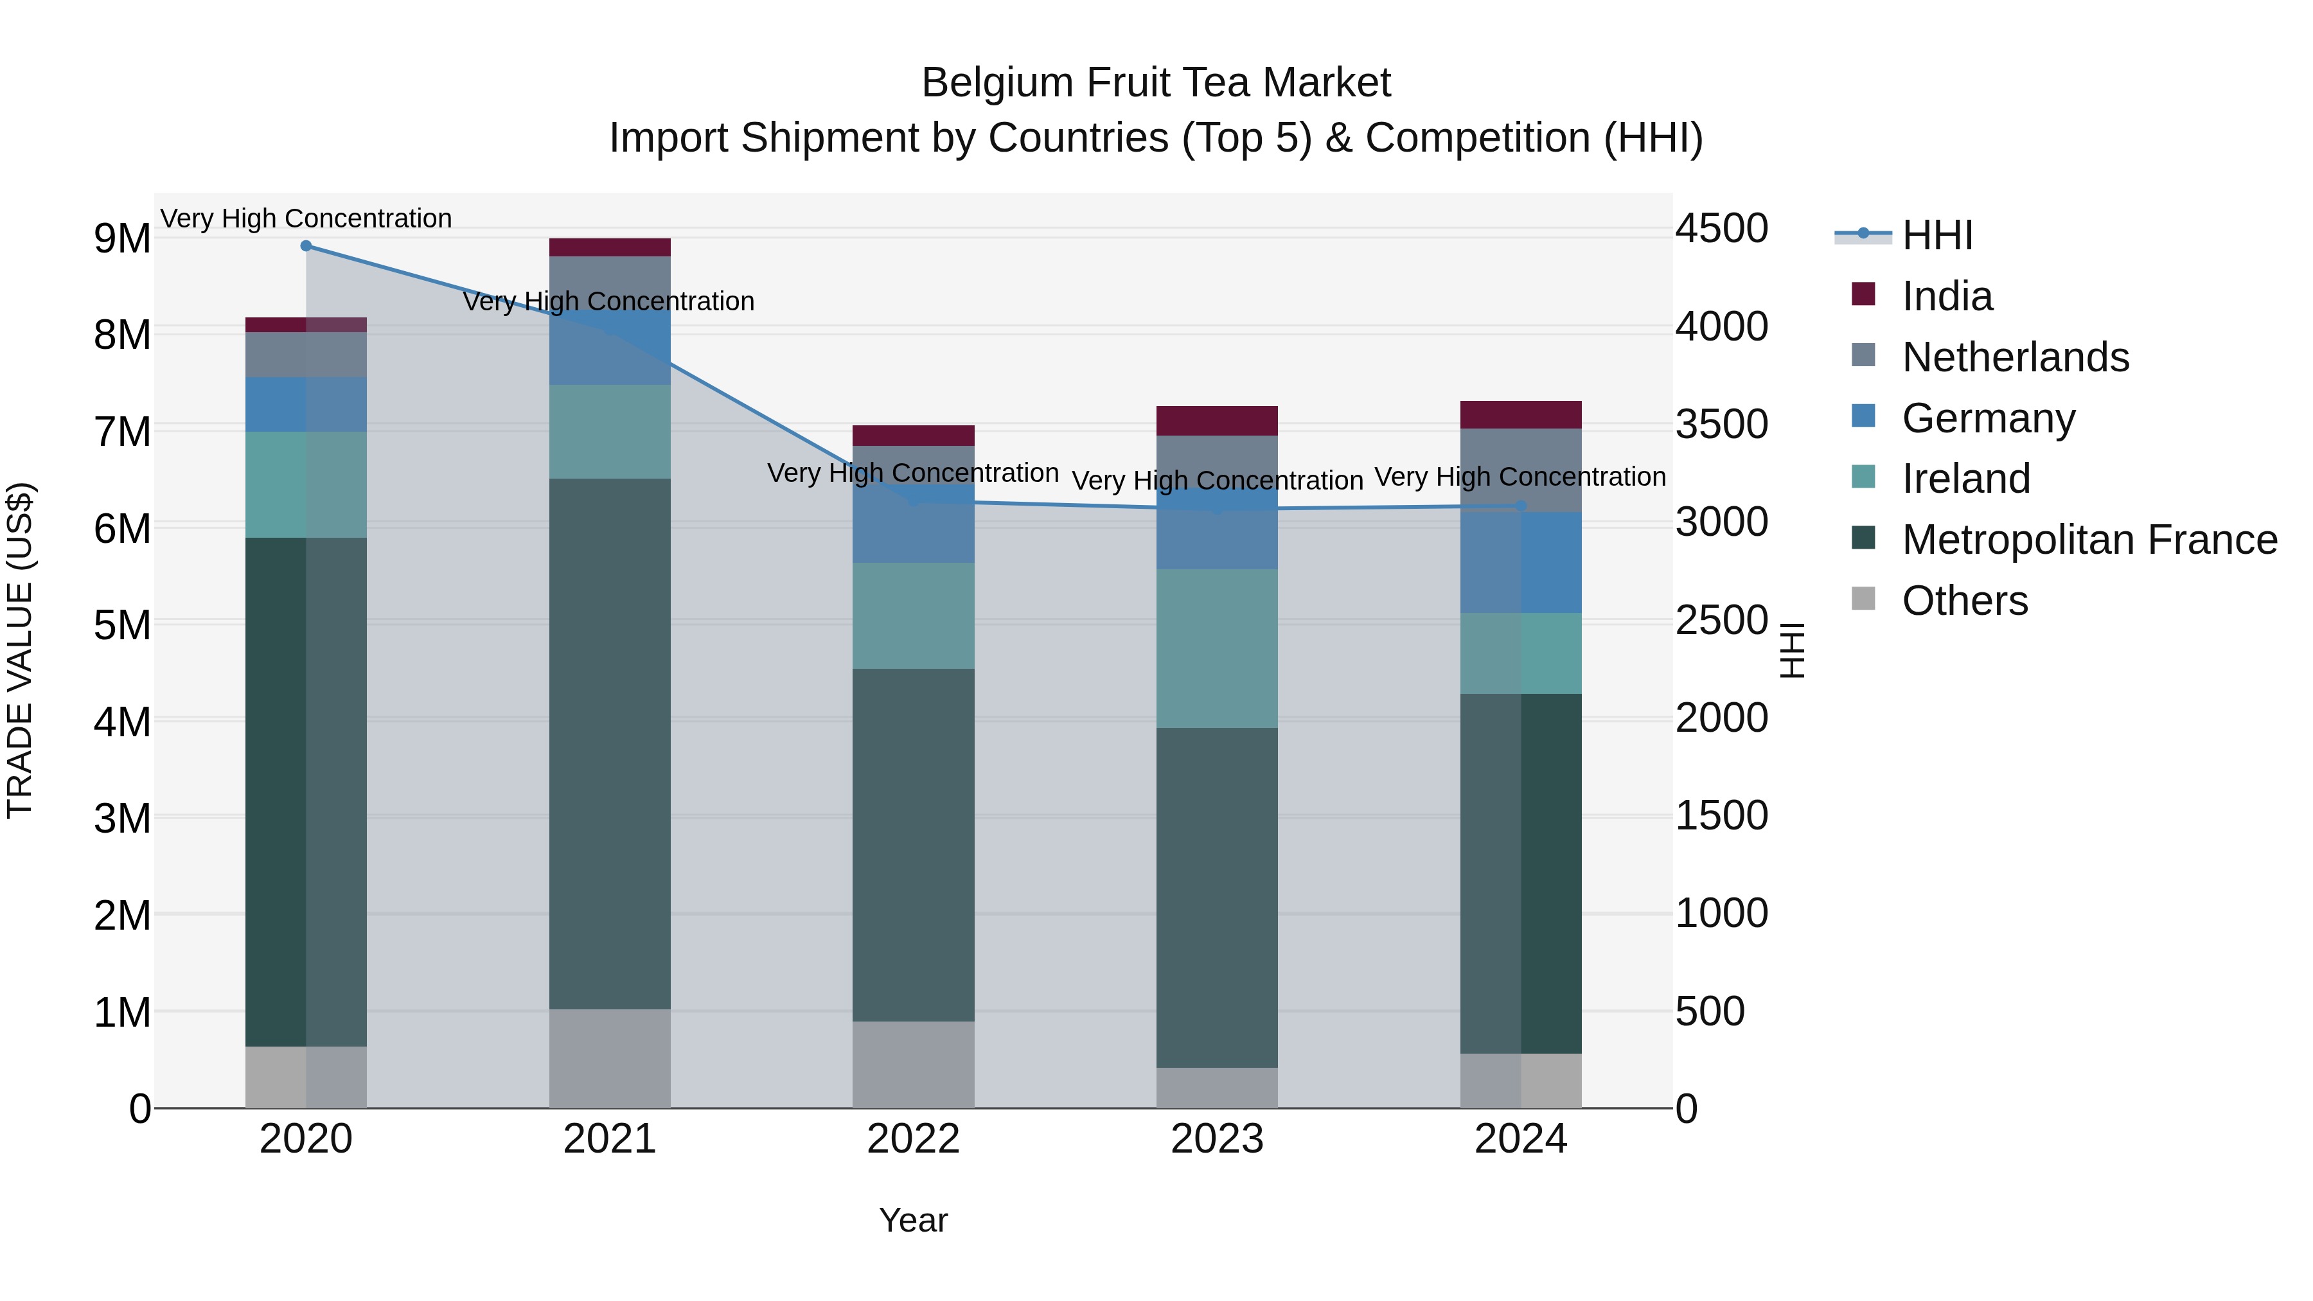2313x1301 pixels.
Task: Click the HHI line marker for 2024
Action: click(1520, 506)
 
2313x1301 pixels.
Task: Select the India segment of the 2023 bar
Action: click(1217, 421)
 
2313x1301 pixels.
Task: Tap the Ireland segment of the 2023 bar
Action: click(1217, 648)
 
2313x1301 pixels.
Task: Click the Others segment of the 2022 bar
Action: click(913, 1064)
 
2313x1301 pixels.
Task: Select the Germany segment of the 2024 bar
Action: click(1520, 563)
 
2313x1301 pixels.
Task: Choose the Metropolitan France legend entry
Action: click(2089, 540)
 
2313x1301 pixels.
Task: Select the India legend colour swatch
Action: click(1863, 294)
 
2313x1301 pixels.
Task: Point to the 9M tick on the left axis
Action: click(122, 239)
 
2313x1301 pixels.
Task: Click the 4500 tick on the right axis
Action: click(1721, 228)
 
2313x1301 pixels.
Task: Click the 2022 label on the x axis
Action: click(913, 1139)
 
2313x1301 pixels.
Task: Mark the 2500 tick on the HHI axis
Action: click(1721, 621)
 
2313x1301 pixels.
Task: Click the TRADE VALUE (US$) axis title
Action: click(21, 650)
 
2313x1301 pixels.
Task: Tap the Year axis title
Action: click(913, 1220)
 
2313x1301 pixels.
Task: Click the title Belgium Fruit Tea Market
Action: click(1156, 84)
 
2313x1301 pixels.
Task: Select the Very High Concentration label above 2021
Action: click(609, 302)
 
